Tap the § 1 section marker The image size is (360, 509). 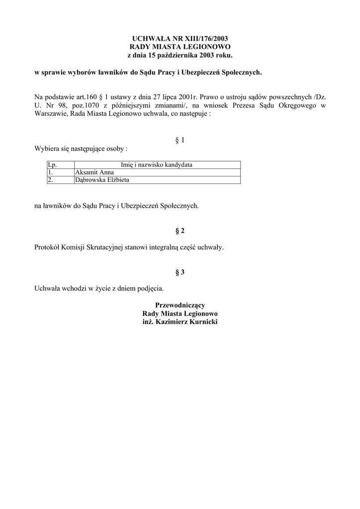point(180,140)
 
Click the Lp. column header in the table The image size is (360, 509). point(52,165)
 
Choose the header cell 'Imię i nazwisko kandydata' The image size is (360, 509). point(157,165)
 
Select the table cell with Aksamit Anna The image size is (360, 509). point(94,172)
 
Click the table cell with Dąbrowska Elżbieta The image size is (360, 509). point(102,179)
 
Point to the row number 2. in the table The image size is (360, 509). point(50,179)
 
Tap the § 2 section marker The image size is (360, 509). point(180,231)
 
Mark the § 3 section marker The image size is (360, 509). point(180,272)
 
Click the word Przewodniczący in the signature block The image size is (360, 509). point(180,305)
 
